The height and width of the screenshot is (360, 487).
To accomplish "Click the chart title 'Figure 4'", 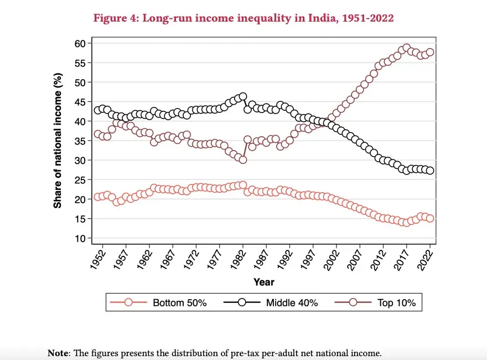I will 244,18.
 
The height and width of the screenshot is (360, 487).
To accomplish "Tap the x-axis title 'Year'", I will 263,282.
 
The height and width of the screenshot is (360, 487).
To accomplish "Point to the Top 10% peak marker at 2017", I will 407,48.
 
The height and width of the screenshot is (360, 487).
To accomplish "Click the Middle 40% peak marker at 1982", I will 243,96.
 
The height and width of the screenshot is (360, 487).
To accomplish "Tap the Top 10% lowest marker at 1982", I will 243,160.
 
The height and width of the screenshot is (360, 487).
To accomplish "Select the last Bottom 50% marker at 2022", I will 430,218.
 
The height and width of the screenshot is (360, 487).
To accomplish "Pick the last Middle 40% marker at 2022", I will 430,171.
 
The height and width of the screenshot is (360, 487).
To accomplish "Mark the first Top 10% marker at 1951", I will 98,134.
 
